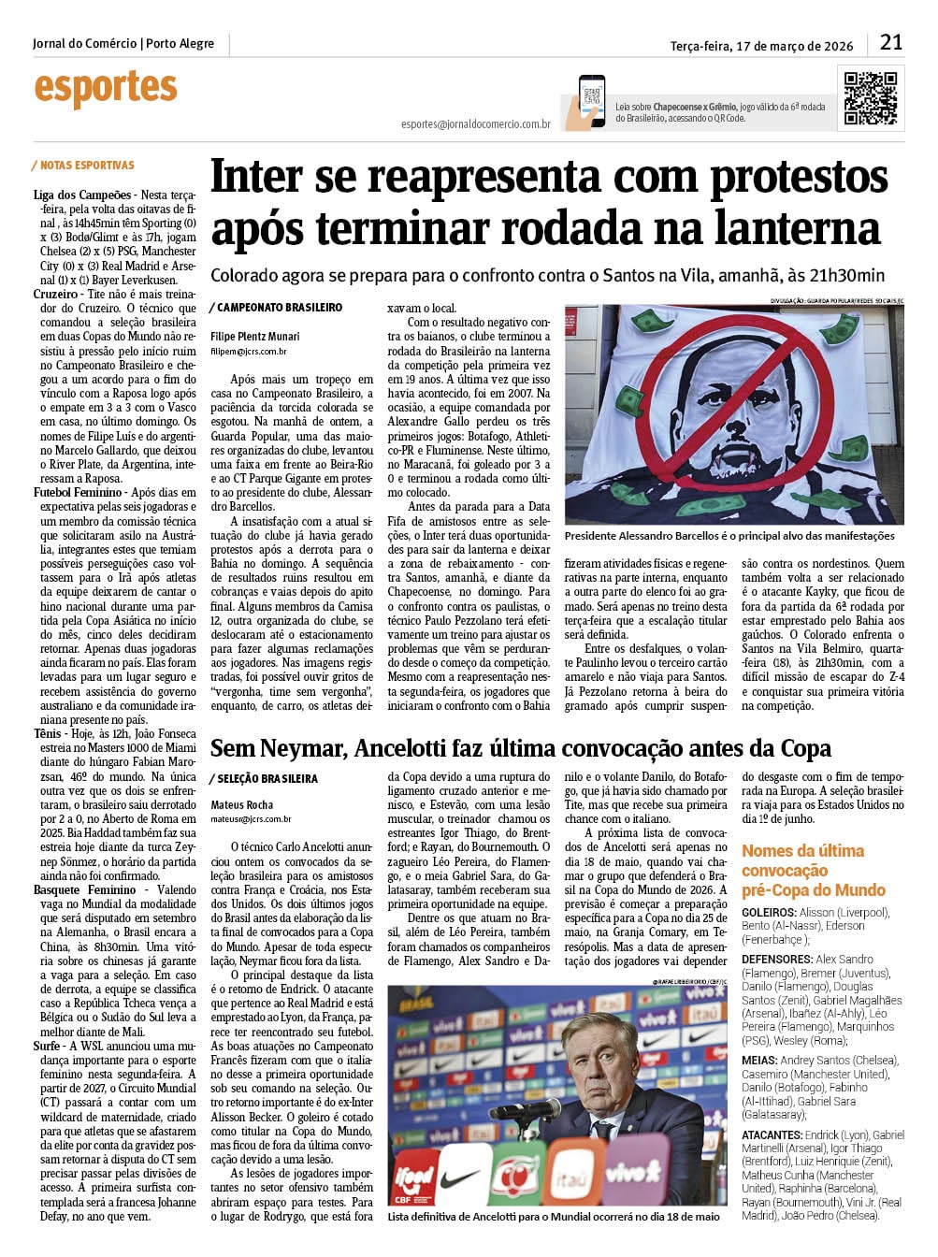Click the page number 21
[891, 42]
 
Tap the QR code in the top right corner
[871, 97]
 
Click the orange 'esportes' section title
[106, 89]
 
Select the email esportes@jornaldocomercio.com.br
[475, 123]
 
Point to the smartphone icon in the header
[591, 100]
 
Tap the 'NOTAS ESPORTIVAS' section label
[87, 166]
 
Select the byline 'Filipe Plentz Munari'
[255, 336]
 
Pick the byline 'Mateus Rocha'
[242, 804]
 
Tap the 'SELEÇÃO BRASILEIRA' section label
[267, 778]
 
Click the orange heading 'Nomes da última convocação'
[802, 860]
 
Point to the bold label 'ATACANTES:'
[772, 1134]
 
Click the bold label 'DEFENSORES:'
[776, 959]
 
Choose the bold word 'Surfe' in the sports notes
[48, 1046]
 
